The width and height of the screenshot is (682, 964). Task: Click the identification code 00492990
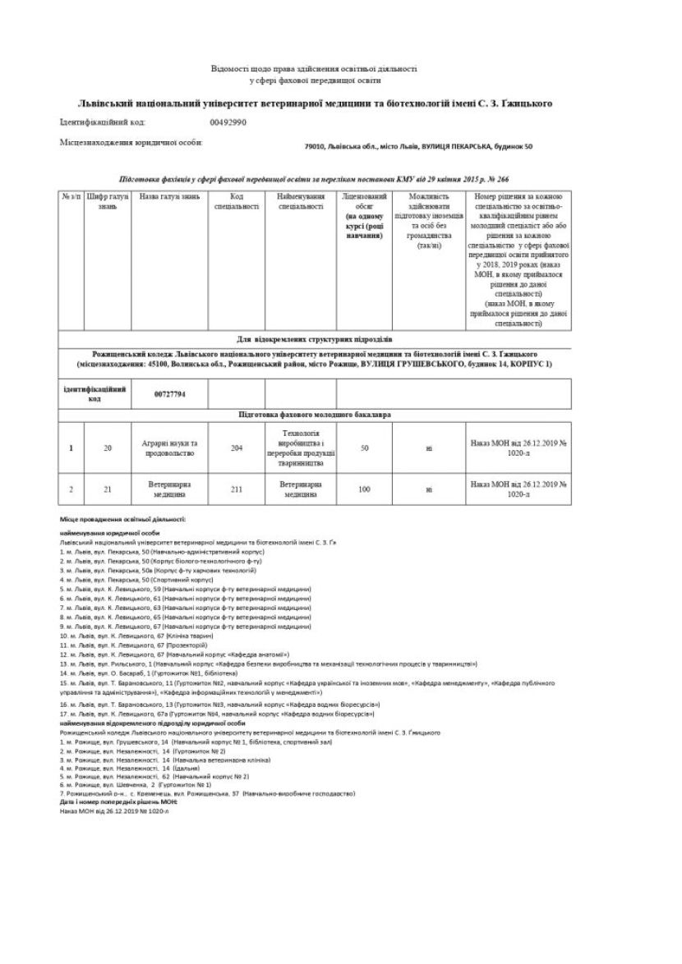[228, 122]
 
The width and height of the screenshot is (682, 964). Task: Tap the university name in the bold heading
[314, 103]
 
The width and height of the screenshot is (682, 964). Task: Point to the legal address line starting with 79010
[418, 146]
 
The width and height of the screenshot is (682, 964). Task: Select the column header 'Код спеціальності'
[237, 202]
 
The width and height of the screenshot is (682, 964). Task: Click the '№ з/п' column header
[71, 197]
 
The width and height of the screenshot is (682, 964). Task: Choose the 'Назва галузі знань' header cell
[169, 197]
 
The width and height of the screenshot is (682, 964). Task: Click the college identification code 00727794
[170, 394]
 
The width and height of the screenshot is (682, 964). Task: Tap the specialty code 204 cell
[237, 448]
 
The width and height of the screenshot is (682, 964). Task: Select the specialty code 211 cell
[237, 489]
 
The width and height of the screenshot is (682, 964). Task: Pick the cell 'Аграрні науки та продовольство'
[170, 448]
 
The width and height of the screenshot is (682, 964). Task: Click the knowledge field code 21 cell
[107, 489]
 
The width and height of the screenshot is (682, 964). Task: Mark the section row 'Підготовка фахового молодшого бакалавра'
[315, 415]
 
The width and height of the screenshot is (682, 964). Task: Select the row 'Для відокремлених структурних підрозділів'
[315, 338]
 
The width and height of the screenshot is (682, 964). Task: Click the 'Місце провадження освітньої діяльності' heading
[123, 520]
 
